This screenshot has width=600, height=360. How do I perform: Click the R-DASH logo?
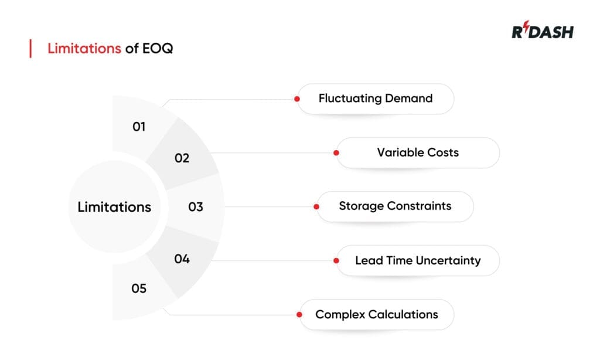pyautogui.click(x=542, y=31)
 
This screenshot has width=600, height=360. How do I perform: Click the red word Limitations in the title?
pyautogui.click(x=84, y=49)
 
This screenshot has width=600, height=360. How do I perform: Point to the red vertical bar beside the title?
pyautogui.click(x=30, y=49)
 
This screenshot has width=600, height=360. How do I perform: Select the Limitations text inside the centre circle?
pyautogui.click(x=114, y=207)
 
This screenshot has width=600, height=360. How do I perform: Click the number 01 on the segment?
pyautogui.click(x=139, y=126)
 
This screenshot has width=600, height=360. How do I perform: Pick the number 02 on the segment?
pyautogui.click(x=182, y=158)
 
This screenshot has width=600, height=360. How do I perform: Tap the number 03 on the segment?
pyautogui.click(x=196, y=207)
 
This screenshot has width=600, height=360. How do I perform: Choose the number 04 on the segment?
pyautogui.click(x=182, y=259)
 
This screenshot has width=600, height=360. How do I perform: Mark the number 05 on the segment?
pyautogui.click(x=139, y=288)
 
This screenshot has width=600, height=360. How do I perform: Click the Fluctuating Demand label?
pyautogui.click(x=376, y=99)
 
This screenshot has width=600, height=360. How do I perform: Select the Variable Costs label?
pyautogui.click(x=418, y=152)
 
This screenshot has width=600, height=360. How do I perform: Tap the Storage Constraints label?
pyautogui.click(x=395, y=206)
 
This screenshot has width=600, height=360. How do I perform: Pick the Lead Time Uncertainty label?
pyautogui.click(x=418, y=260)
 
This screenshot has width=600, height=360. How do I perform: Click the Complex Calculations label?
pyautogui.click(x=377, y=314)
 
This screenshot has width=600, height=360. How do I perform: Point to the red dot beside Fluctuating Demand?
pyautogui.click(x=297, y=99)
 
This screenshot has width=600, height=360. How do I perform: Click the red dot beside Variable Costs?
pyautogui.click(x=336, y=152)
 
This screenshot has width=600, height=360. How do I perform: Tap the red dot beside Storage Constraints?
pyautogui.click(x=316, y=206)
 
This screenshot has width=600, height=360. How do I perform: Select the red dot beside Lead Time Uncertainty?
pyautogui.click(x=336, y=260)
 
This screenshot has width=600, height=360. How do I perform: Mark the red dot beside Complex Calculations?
pyautogui.click(x=299, y=314)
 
